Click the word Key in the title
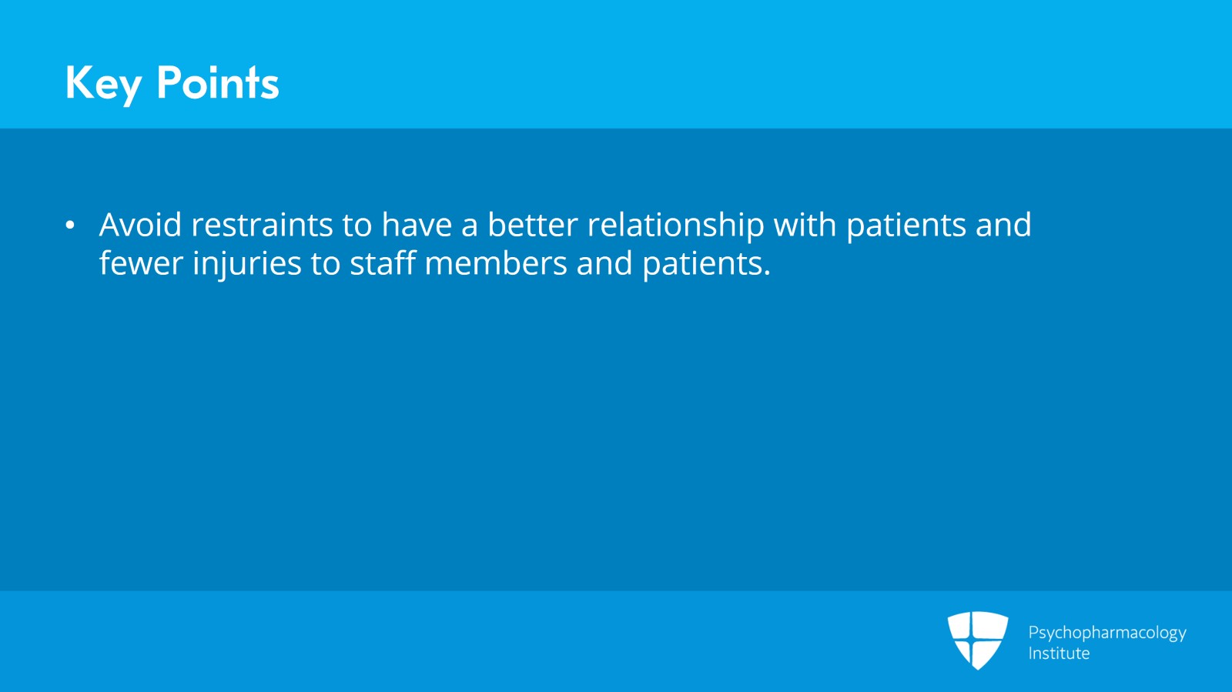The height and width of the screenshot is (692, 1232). point(103,84)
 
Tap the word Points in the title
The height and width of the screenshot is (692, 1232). point(218,82)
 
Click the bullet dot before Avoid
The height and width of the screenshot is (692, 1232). point(69,226)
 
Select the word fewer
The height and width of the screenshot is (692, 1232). point(141,262)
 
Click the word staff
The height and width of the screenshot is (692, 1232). point(382,262)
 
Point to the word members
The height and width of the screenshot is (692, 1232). point(496,262)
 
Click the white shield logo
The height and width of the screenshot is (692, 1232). point(978,640)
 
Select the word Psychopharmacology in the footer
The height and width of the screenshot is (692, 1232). point(1107,633)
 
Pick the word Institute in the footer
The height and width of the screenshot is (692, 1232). point(1059,653)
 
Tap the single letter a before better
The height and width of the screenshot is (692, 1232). point(470,227)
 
